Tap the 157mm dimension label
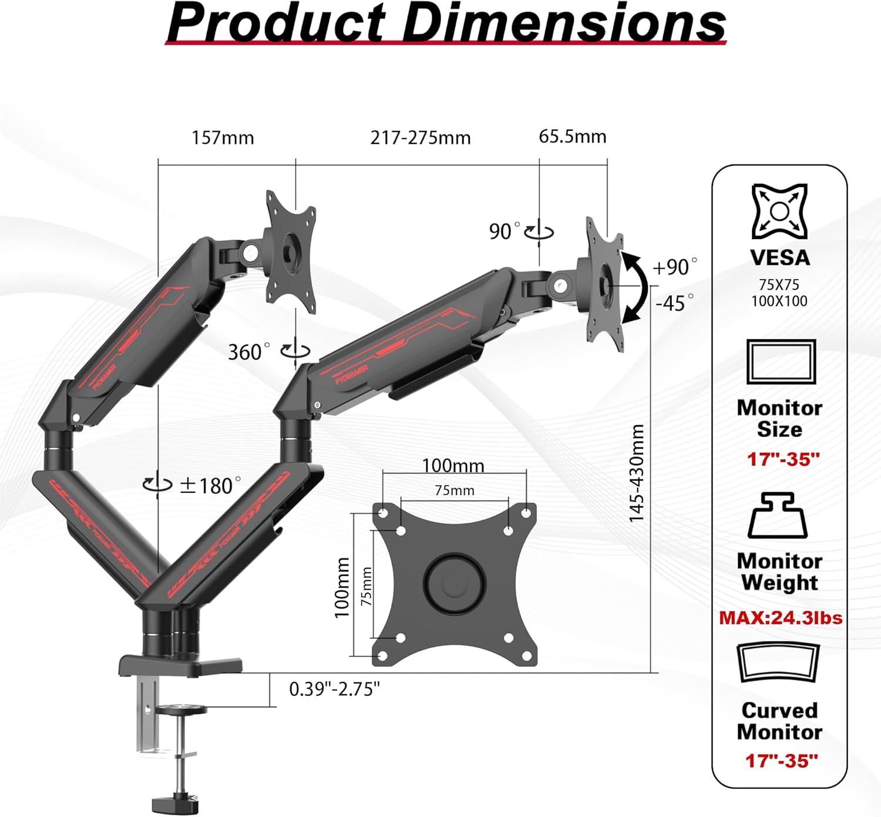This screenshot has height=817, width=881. (223, 137)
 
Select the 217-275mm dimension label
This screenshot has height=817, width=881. (421, 137)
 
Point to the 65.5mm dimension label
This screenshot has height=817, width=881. (573, 136)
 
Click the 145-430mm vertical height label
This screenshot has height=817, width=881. (637, 473)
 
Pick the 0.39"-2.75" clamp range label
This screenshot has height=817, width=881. (334, 689)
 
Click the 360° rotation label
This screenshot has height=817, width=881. (249, 352)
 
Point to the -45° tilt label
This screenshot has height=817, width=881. (674, 303)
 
